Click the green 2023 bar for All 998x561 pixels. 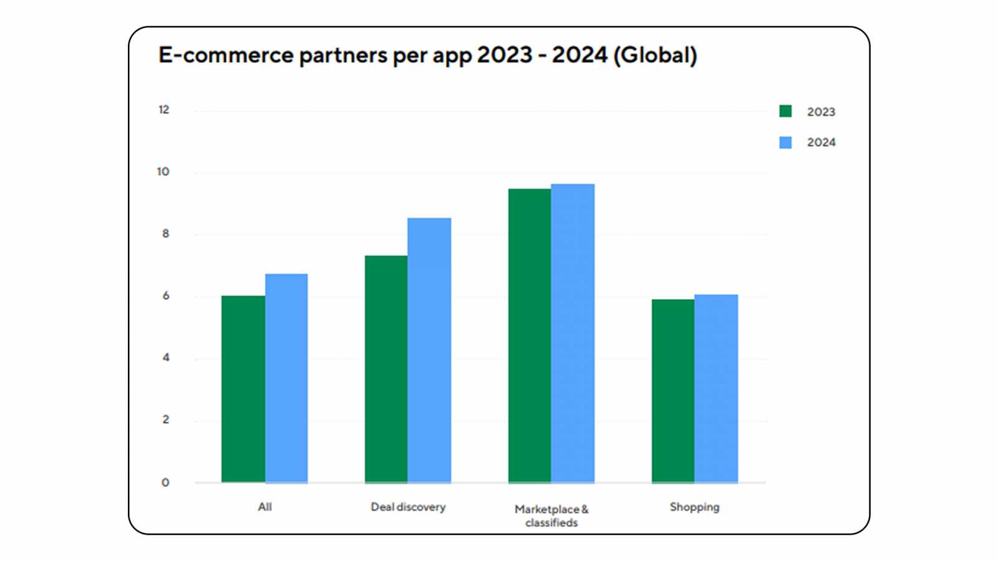click(x=243, y=389)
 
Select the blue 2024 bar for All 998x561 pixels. click(x=286, y=378)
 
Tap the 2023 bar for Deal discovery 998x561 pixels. click(x=386, y=369)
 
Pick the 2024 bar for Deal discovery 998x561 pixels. click(x=429, y=350)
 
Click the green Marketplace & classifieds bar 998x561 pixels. click(x=530, y=335)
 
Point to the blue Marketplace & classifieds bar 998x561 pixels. click(x=573, y=333)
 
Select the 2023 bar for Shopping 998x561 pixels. click(x=673, y=391)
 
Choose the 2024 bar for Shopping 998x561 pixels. click(x=716, y=388)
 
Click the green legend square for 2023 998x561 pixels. click(x=785, y=112)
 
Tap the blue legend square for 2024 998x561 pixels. click(x=785, y=143)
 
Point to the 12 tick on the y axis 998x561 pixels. click(x=163, y=110)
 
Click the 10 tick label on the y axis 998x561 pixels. click(x=163, y=171)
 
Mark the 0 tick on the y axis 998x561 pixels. click(x=165, y=482)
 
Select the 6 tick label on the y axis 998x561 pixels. click(x=166, y=296)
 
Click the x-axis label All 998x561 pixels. click(x=264, y=507)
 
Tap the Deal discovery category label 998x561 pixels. click(x=408, y=507)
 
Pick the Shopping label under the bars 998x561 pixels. click(x=694, y=507)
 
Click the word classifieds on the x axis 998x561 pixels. click(x=551, y=523)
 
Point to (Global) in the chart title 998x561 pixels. click(x=655, y=55)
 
